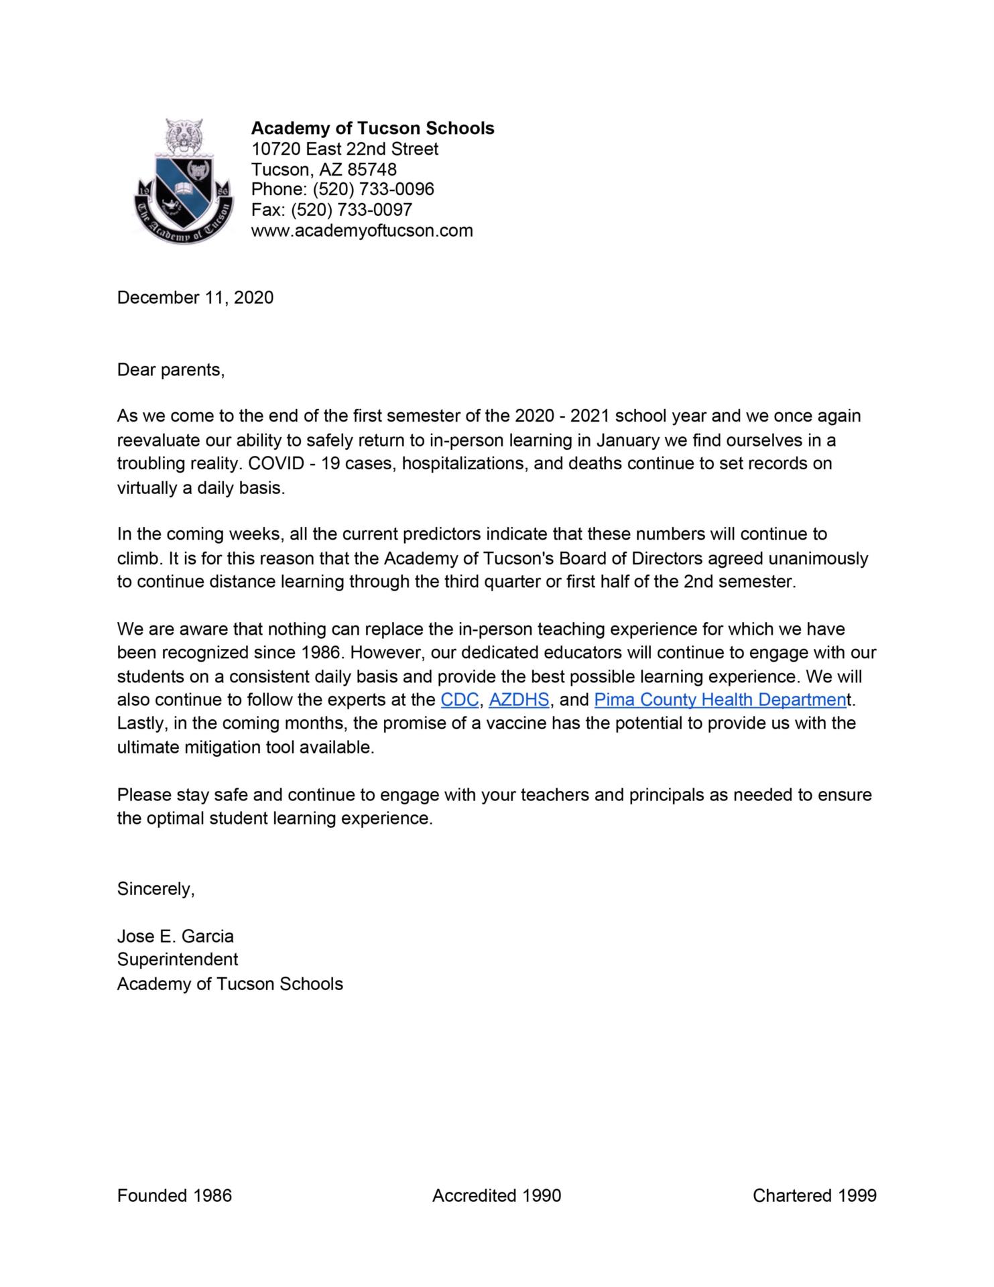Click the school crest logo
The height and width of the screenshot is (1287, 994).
pyautogui.click(x=184, y=182)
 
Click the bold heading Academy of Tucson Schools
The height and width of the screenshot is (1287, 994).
pyautogui.click(x=373, y=128)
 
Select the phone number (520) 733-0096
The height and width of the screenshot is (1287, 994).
pyautogui.click(x=373, y=189)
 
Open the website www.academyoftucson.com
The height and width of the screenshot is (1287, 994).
pyautogui.click(x=362, y=231)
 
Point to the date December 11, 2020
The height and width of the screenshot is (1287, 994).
pyautogui.click(x=195, y=298)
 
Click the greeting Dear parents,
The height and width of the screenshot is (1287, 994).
pyautogui.click(x=171, y=369)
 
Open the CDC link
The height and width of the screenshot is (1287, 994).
pyautogui.click(x=459, y=700)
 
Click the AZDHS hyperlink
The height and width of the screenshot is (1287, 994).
pyautogui.click(x=519, y=700)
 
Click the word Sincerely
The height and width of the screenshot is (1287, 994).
pyautogui.click(x=156, y=889)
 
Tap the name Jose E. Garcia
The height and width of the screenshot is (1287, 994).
pyautogui.click(x=176, y=936)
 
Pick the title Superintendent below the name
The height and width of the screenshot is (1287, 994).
pyautogui.click(x=178, y=960)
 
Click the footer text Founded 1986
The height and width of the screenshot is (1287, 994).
pyautogui.click(x=174, y=1195)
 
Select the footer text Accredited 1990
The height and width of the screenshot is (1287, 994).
pyautogui.click(x=497, y=1195)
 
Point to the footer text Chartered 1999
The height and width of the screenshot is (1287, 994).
pyautogui.click(x=814, y=1195)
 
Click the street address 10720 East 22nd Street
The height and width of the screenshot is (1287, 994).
pyautogui.click(x=345, y=149)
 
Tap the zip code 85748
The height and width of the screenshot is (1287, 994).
pyautogui.click(x=372, y=169)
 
